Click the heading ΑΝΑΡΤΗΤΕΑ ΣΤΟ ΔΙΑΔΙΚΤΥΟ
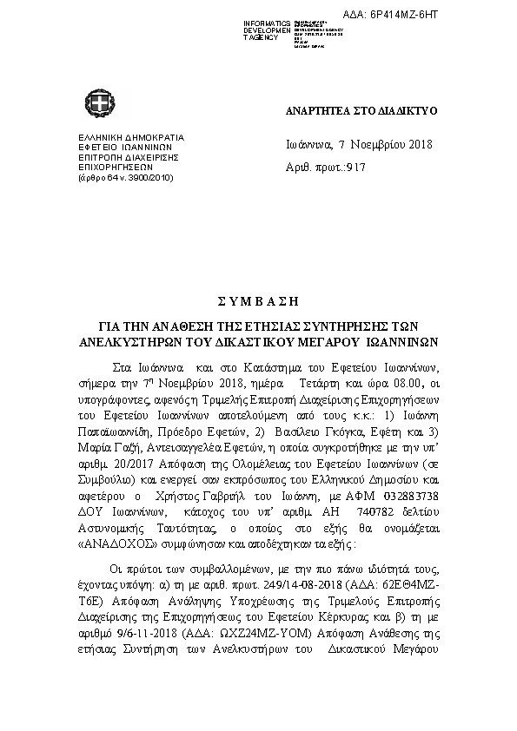tap(361, 112)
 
